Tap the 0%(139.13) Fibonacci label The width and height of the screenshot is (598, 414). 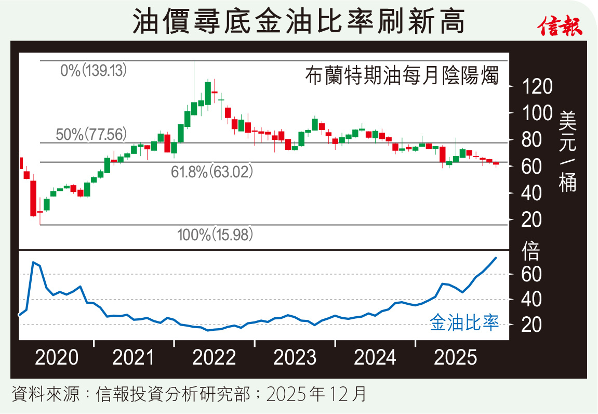[x=93, y=70]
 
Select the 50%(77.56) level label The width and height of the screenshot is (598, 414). [x=91, y=134]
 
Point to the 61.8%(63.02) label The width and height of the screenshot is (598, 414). [x=211, y=172]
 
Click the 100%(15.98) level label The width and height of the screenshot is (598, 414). [x=215, y=235]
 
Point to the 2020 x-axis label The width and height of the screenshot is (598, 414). [x=57, y=358]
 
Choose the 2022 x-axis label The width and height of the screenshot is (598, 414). [x=214, y=358]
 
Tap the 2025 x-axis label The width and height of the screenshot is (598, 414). [x=455, y=358]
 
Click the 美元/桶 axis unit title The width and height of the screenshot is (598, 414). [x=568, y=151]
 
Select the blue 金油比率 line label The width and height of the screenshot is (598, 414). [x=464, y=324]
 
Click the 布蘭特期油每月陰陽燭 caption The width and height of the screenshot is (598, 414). [x=402, y=77]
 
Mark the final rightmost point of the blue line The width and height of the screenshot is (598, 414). [x=496, y=257]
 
